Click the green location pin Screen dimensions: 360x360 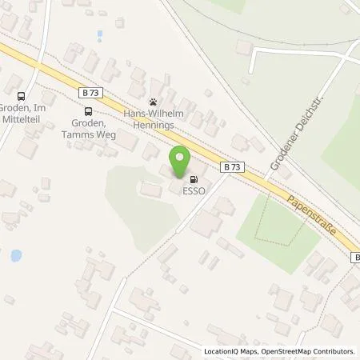[x=180, y=158]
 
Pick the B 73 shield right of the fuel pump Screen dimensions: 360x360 [x=232, y=166]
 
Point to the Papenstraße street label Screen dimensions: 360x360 [x=311, y=216]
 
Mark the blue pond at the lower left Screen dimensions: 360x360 [x=15, y=257]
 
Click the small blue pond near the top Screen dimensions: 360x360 [x=100, y=35]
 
